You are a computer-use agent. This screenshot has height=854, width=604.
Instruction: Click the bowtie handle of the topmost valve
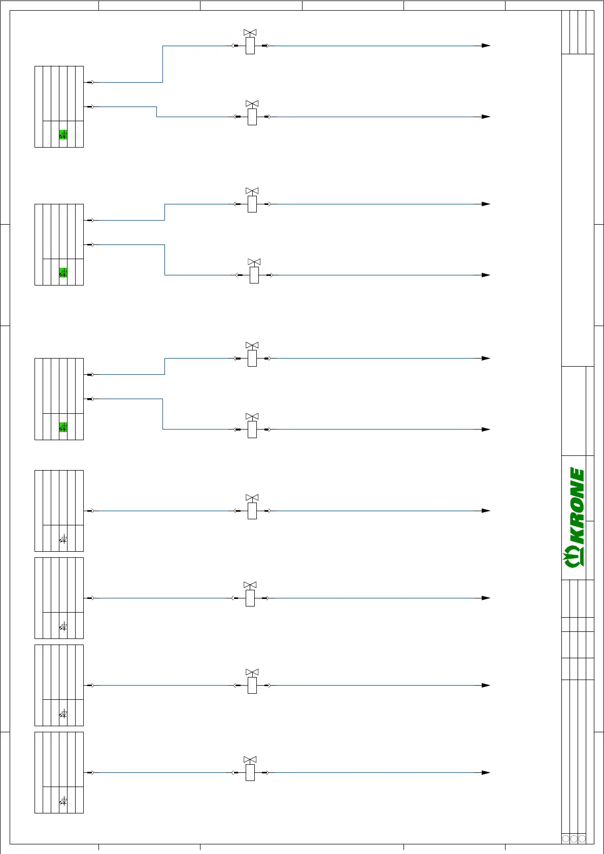[x=250, y=32]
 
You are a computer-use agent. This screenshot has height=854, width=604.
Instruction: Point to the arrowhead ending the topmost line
[x=486, y=46]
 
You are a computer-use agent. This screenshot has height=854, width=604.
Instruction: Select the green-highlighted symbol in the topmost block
[x=63, y=135]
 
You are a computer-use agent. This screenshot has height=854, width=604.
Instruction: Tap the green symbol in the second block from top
[x=63, y=273]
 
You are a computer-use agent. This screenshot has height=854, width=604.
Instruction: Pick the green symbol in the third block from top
[x=63, y=427]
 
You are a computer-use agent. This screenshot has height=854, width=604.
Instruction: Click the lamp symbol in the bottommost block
[x=63, y=801]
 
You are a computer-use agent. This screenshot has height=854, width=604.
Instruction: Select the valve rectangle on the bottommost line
[x=250, y=772]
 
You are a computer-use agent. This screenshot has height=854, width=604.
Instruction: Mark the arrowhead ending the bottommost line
[x=486, y=772]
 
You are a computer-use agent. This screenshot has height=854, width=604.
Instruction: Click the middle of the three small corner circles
[x=574, y=839]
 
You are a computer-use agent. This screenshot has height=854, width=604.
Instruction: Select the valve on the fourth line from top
[x=254, y=274]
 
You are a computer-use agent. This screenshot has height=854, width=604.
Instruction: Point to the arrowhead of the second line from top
[x=486, y=117]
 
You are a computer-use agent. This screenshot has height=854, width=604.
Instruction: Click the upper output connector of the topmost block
[x=90, y=82]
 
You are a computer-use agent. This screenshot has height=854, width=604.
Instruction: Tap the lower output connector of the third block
[x=90, y=399]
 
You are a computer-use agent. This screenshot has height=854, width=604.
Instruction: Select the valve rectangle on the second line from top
[x=252, y=117]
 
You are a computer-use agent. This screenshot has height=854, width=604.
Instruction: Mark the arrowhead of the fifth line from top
[x=486, y=358]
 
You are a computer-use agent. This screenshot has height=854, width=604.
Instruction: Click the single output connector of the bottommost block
[x=90, y=772]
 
